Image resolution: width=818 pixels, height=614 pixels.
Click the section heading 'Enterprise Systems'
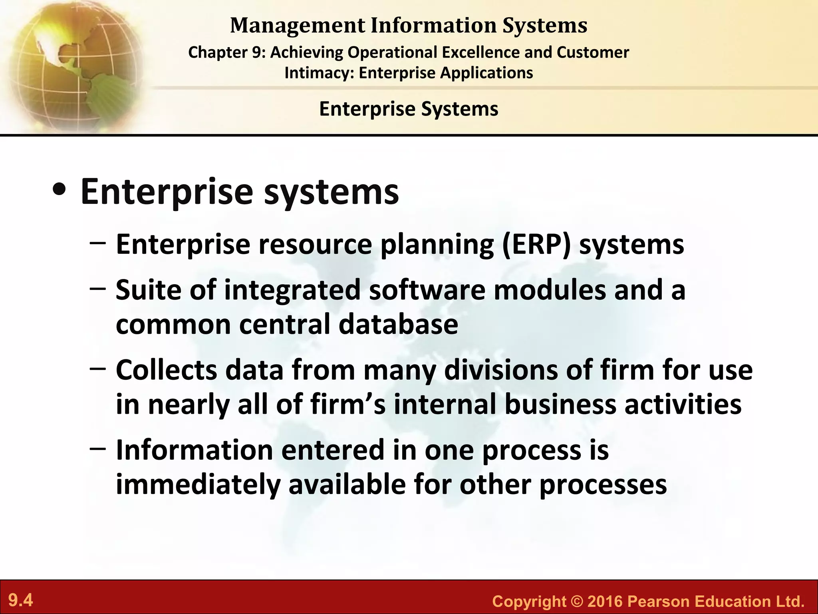pyautogui.click(x=409, y=109)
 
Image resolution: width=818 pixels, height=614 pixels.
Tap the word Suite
pyautogui.click(x=149, y=289)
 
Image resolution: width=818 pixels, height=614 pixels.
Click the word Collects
pyautogui.click(x=167, y=370)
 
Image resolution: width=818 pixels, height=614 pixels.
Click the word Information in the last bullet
pyautogui.click(x=195, y=450)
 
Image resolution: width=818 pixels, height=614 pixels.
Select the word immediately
pyautogui.click(x=198, y=484)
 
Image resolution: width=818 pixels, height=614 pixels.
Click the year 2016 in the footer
pyautogui.click(x=606, y=601)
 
